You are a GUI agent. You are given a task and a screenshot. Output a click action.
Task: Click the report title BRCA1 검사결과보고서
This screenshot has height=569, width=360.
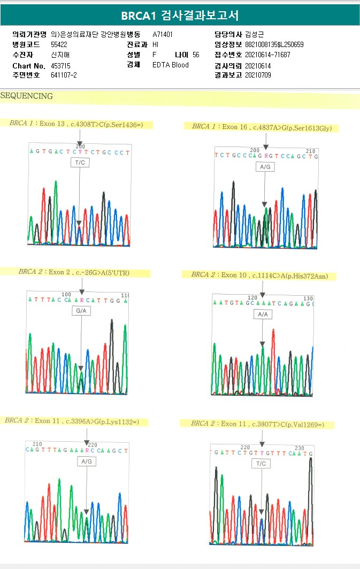pos(180,16)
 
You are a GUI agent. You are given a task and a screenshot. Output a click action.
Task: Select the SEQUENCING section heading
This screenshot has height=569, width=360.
pos(27,96)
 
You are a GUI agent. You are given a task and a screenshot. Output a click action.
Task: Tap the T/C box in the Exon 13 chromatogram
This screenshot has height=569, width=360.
pos(80,163)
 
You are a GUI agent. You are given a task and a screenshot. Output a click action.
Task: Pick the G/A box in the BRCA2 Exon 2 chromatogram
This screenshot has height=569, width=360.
pos(81,310)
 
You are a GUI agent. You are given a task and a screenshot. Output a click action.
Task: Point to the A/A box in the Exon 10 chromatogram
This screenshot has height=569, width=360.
pos(263,314)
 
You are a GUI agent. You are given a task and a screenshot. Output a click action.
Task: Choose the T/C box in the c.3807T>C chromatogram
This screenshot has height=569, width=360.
pos(261,464)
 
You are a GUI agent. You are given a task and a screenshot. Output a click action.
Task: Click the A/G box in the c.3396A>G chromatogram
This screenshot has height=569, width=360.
pos(86,461)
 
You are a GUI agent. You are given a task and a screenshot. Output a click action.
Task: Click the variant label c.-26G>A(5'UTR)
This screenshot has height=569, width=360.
pos(102,273)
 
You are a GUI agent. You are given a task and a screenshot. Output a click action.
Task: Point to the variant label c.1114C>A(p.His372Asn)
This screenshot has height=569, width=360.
pos(293,276)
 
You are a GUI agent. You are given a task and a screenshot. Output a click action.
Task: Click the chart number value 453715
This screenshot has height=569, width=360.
pos(60,65)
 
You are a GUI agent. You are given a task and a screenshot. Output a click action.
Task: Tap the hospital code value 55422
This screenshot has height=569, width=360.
pos(59,45)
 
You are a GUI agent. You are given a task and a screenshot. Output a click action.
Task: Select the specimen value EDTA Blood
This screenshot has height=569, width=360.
pos(170,65)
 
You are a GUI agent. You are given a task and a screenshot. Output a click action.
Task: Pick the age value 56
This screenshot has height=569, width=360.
pos(196,55)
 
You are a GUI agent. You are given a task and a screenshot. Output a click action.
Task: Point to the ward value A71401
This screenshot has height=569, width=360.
pos(163,35)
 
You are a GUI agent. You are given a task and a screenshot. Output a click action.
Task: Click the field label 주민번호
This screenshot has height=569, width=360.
pos(26,75)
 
